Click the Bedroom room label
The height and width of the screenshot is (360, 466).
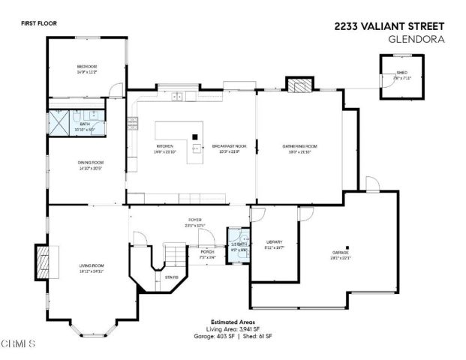(x=87, y=67)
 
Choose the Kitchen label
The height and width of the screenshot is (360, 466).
(x=164, y=145)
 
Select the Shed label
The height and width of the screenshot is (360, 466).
(x=402, y=73)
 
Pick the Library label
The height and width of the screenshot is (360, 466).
(x=274, y=241)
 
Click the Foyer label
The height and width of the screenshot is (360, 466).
(x=195, y=220)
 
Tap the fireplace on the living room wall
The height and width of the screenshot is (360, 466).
(x=42, y=262)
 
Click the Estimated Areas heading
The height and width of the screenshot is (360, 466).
(x=232, y=321)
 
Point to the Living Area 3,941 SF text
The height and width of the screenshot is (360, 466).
(x=232, y=329)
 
